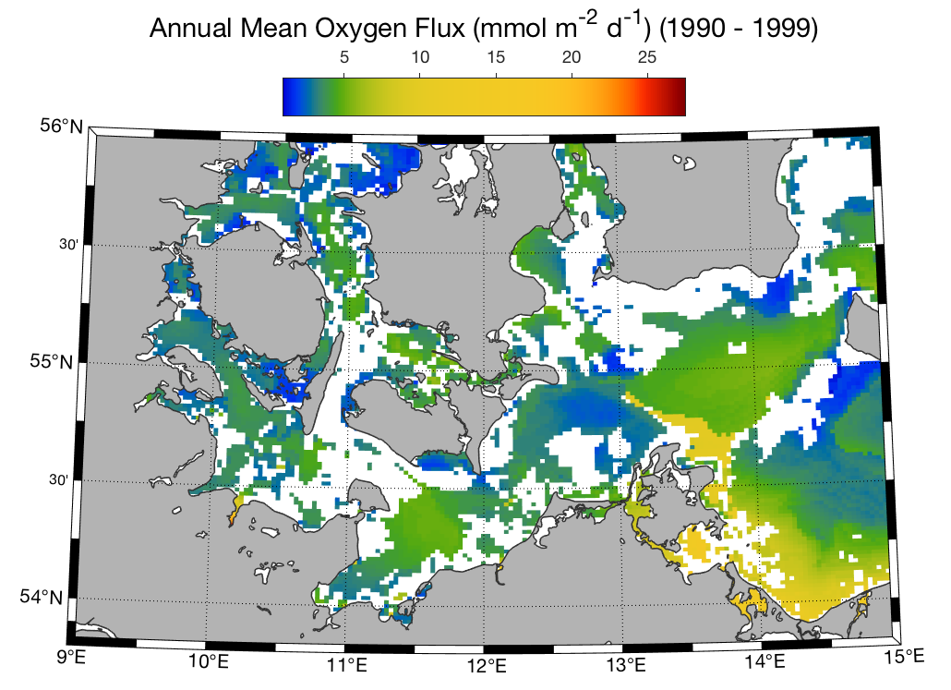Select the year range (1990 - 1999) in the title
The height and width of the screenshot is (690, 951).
click(x=739, y=30)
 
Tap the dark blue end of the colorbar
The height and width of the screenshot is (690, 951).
click(x=288, y=96)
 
